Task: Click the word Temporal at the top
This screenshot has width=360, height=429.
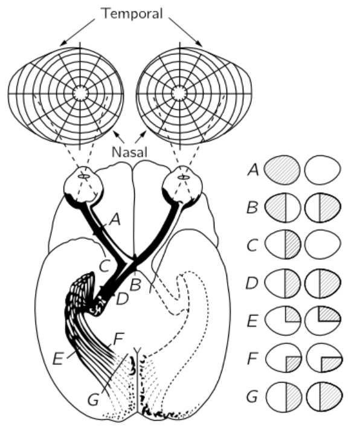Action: tap(132, 13)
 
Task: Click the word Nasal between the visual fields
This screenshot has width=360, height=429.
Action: tap(130, 152)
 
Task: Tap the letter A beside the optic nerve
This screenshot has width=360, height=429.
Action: tap(115, 220)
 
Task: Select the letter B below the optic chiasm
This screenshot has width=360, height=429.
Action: tap(136, 284)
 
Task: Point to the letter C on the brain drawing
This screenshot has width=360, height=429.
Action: tap(104, 266)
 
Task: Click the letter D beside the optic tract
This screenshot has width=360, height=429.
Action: tap(122, 298)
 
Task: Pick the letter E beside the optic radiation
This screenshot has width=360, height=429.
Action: tap(58, 359)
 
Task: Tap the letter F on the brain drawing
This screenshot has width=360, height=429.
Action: tap(119, 339)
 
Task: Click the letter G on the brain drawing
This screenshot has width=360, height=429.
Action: tap(93, 400)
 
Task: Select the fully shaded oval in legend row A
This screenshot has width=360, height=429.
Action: tap(281, 170)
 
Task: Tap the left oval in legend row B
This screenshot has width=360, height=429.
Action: tap(283, 208)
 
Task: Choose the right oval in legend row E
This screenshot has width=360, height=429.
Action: tap(323, 320)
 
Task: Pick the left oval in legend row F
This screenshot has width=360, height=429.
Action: tap(283, 358)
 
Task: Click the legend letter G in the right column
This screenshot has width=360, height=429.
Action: tap(252, 397)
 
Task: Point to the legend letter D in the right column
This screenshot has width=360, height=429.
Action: tap(252, 283)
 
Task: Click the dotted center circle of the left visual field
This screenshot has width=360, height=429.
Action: tap(80, 93)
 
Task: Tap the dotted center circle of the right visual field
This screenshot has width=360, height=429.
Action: tap(179, 93)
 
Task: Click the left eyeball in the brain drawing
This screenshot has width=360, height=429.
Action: tap(83, 185)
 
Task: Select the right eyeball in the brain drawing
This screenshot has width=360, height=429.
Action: tap(182, 185)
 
